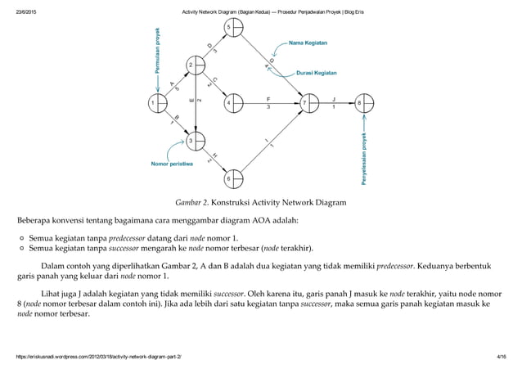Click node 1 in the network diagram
156,104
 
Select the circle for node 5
233,29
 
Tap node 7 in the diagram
308,104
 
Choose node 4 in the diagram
233,104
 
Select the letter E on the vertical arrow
191,101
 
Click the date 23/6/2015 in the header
29,10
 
